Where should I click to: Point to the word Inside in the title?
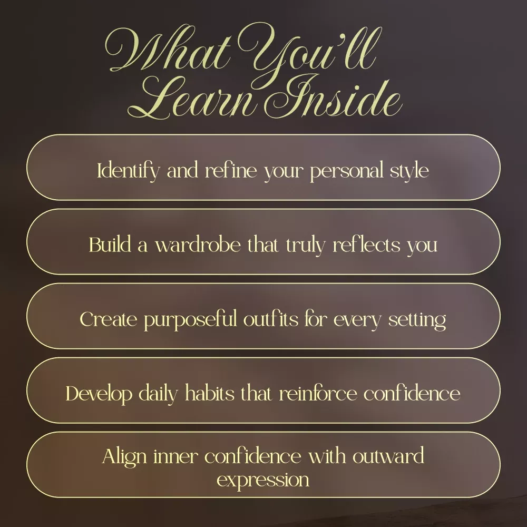pyautogui.click(x=336, y=97)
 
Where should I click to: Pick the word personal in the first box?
pyautogui.click(x=347, y=171)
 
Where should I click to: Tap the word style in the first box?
pyautogui.click(x=409, y=171)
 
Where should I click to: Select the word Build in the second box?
pyautogui.click(x=110, y=244)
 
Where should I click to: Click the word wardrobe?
pyautogui.click(x=198, y=244)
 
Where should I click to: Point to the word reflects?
pyautogui.click(x=367, y=244)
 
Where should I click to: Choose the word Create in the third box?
pyautogui.click(x=109, y=319)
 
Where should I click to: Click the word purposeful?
pyautogui.click(x=191, y=320)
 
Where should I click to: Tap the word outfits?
pyautogui.click(x=271, y=319)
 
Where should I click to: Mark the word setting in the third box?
pyautogui.click(x=417, y=320)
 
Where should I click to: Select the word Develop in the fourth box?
pyautogui.click(x=99, y=394)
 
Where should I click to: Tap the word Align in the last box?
pyautogui.click(x=124, y=457)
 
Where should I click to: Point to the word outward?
pyautogui.click(x=388, y=456)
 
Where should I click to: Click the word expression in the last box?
pyautogui.click(x=263, y=481)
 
